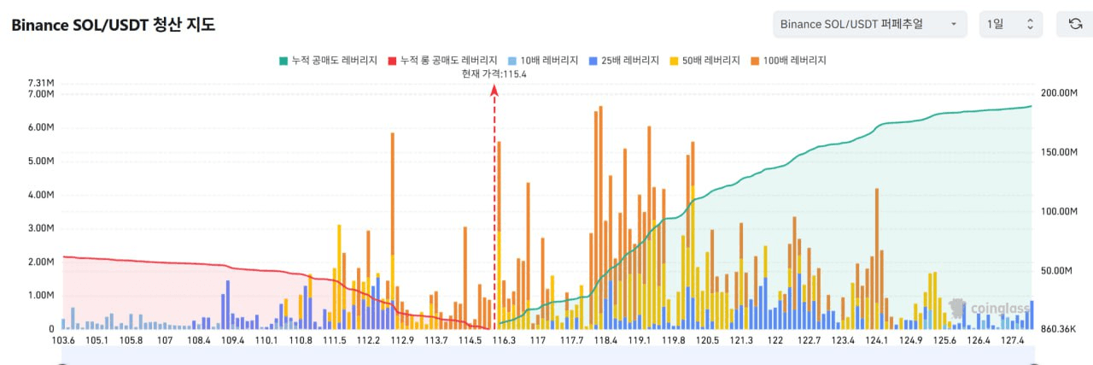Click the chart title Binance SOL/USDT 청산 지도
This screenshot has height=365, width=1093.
[113, 25]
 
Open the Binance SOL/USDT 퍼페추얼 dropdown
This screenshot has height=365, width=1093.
[869, 24]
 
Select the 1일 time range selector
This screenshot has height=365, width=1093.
[1010, 24]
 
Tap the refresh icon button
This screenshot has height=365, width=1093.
[1075, 24]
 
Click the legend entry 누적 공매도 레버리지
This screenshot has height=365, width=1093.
[328, 61]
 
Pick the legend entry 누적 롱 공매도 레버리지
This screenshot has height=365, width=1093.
[442, 61]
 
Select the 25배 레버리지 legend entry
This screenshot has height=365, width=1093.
[625, 61]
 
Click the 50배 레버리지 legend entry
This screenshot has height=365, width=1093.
[708, 61]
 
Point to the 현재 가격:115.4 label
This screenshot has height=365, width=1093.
[494, 74]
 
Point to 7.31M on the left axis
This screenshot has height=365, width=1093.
[41, 83]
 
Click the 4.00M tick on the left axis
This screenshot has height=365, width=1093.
[41, 194]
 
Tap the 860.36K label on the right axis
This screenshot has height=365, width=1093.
[1059, 329]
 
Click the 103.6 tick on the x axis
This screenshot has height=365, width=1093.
[63, 340]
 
